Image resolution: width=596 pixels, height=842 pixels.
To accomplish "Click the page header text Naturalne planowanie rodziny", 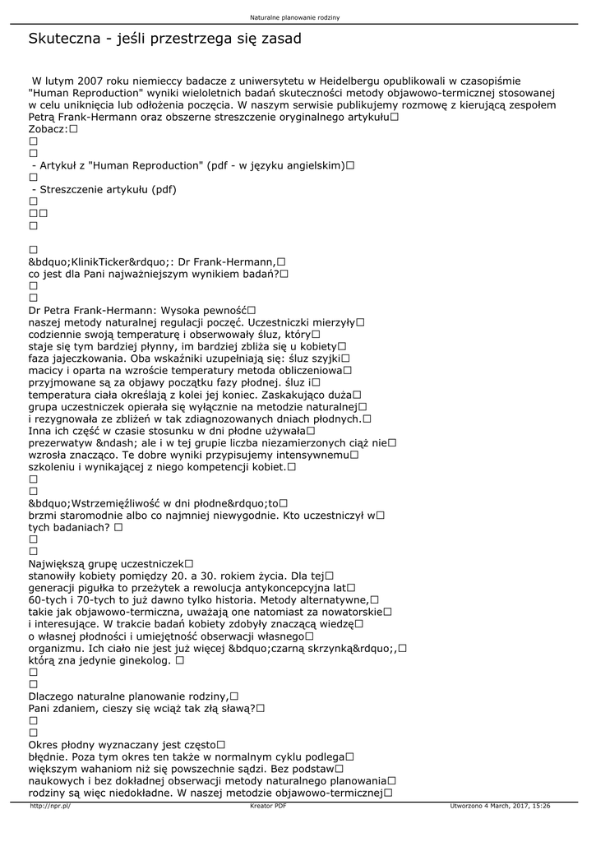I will point(298,16).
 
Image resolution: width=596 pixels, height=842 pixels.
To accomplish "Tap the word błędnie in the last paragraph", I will point(49,756).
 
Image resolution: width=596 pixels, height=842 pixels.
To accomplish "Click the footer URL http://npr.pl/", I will point(50,806).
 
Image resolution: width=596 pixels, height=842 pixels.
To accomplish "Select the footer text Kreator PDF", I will point(268,806).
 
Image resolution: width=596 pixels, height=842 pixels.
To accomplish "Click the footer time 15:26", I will point(541,806).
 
